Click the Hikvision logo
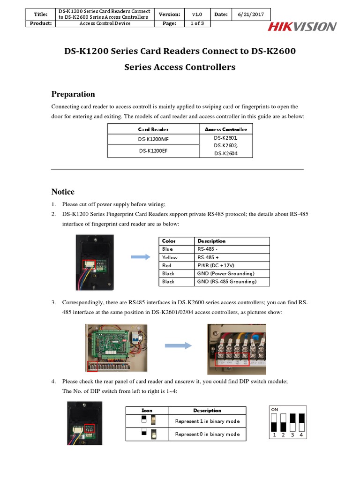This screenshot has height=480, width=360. tap(302, 27)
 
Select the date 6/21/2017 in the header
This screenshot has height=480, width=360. tap(253, 15)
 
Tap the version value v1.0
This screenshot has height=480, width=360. tap(197, 15)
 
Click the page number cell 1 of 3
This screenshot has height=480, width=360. tap(197, 23)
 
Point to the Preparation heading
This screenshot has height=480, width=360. tap(73, 94)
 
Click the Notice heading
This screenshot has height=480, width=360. tap(62, 192)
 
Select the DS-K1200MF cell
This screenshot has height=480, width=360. tap(153, 139)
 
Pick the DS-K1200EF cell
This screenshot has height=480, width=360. tap(153, 151)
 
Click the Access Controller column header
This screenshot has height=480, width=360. tap(226, 129)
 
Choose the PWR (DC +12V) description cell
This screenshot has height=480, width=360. tap(232, 265)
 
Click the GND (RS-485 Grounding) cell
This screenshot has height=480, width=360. tap(232, 282)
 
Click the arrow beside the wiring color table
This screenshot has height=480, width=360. tap(140, 257)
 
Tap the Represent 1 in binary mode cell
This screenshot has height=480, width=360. tap(207, 421)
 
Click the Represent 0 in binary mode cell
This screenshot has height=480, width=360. tap(207, 434)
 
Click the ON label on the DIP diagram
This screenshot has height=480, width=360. tap(275, 409)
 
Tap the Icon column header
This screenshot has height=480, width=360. tap(147, 410)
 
